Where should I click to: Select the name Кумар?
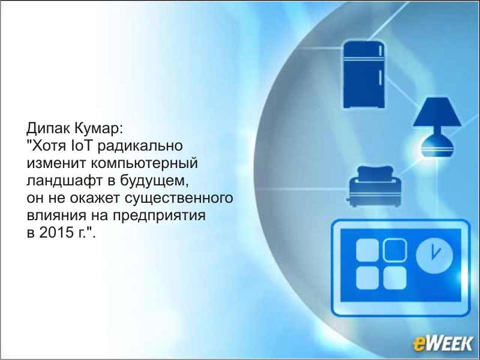(x=98, y=129)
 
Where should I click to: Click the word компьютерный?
(x=144, y=164)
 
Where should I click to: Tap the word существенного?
(x=179, y=199)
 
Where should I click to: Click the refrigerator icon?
(x=364, y=74)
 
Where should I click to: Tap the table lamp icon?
(x=437, y=127)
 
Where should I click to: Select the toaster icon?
(x=374, y=186)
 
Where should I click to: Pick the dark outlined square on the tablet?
(x=395, y=250)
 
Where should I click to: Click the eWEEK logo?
(x=443, y=343)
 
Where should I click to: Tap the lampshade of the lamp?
(x=437, y=112)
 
